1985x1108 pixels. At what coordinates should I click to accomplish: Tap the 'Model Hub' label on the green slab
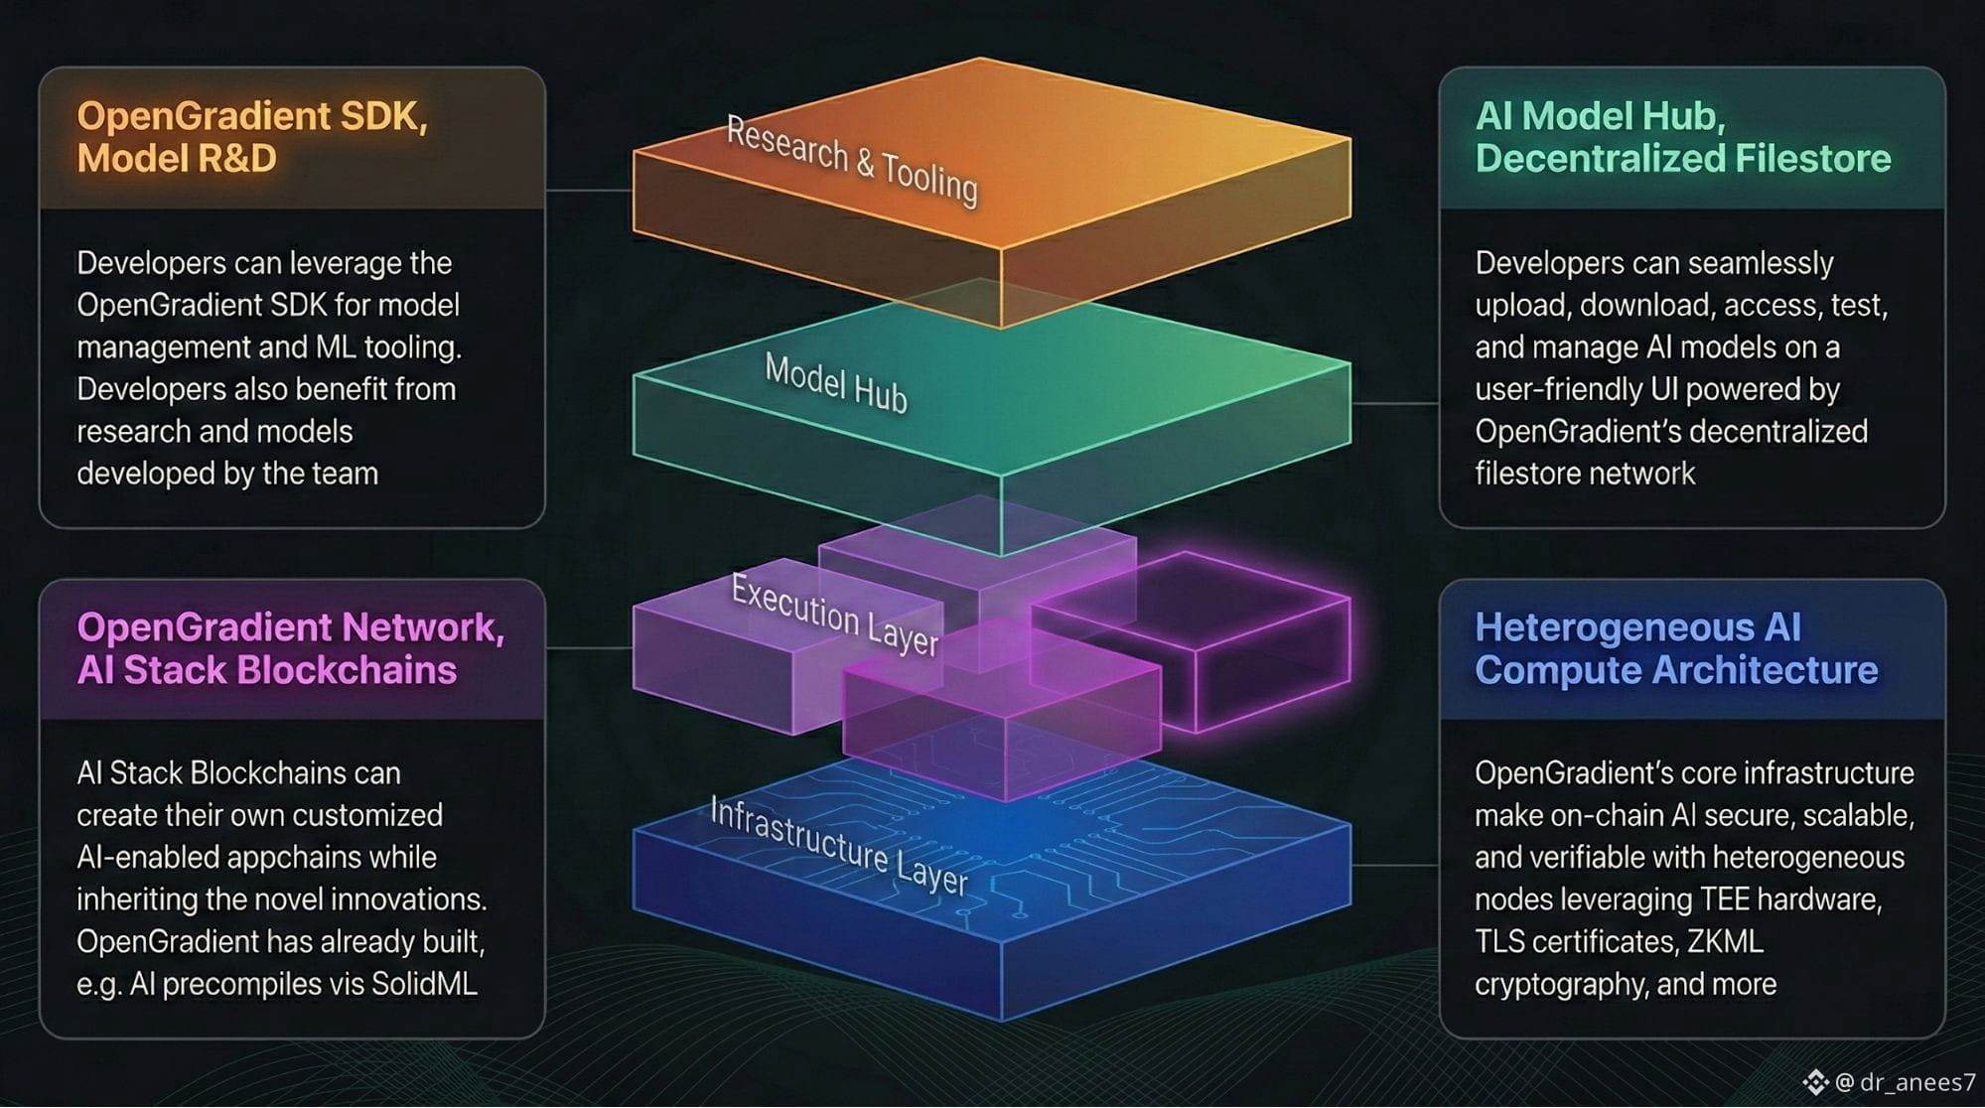click(x=835, y=383)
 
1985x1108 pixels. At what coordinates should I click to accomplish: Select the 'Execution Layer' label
click(x=834, y=615)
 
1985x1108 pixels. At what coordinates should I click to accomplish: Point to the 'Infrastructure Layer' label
click(x=838, y=846)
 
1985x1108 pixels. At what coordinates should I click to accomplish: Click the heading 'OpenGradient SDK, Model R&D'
click(x=252, y=137)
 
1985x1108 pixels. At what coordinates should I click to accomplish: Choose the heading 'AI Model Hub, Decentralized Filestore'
click(x=1683, y=137)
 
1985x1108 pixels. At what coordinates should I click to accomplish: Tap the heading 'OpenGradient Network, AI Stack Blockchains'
click(x=291, y=648)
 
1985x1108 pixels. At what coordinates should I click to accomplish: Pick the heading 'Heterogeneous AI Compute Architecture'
click(x=1676, y=648)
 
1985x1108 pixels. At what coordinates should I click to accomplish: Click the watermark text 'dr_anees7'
click(x=1917, y=1082)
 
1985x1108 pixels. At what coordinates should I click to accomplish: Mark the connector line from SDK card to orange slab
click(x=590, y=190)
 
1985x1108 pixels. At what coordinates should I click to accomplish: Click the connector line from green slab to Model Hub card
click(x=1395, y=404)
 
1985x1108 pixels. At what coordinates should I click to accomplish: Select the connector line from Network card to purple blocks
click(x=590, y=648)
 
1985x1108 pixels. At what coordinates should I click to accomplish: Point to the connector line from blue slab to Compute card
click(x=1395, y=866)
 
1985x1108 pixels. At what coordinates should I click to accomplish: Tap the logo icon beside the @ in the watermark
click(x=1816, y=1082)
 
